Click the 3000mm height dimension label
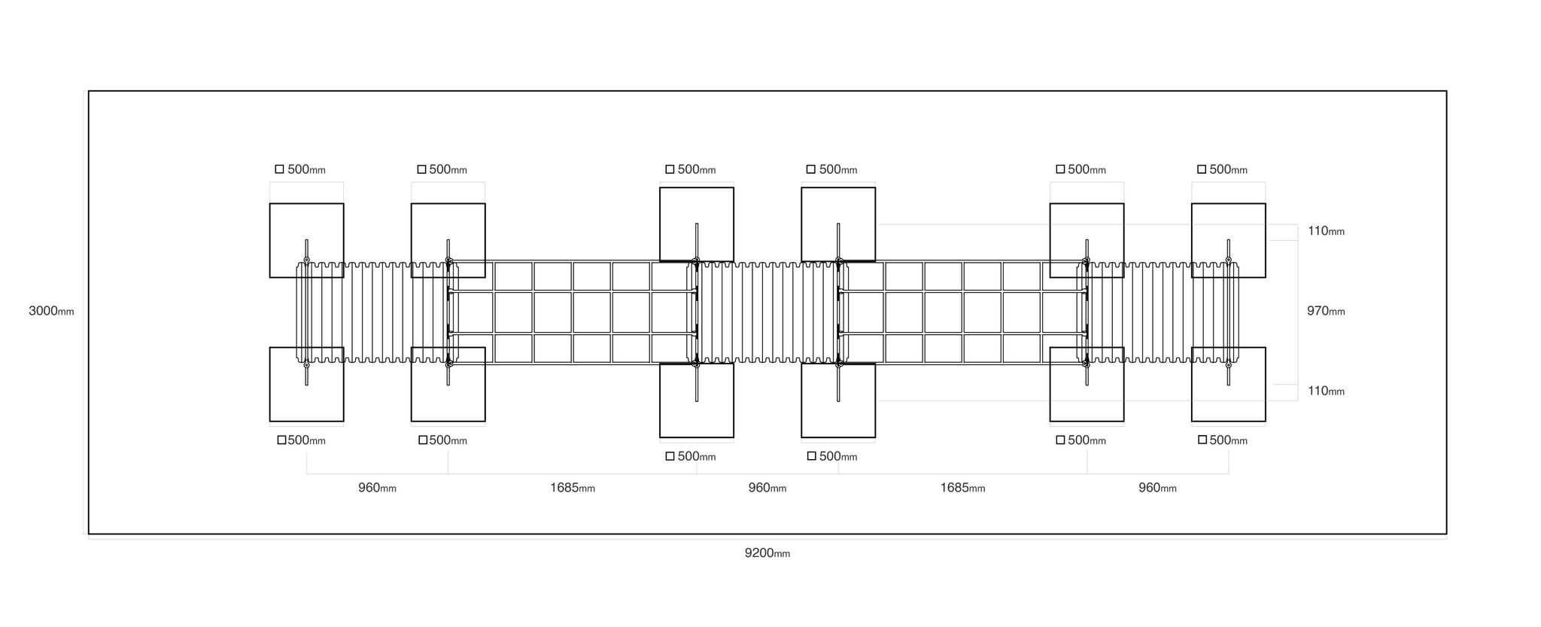(x=51, y=311)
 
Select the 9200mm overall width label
(x=767, y=553)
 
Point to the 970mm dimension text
(x=1326, y=311)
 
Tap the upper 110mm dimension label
(x=1326, y=231)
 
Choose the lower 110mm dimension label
(x=1326, y=391)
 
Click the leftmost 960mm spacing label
(x=377, y=488)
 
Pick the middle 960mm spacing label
(x=767, y=488)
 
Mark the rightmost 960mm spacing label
(x=1157, y=488)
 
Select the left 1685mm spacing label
(x=573, y=488)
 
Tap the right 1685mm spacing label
(x=962, y=488)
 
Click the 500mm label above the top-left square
(x=306, y=170)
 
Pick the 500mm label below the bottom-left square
(x=306, y=440)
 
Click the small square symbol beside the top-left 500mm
(x=279, y=169)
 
